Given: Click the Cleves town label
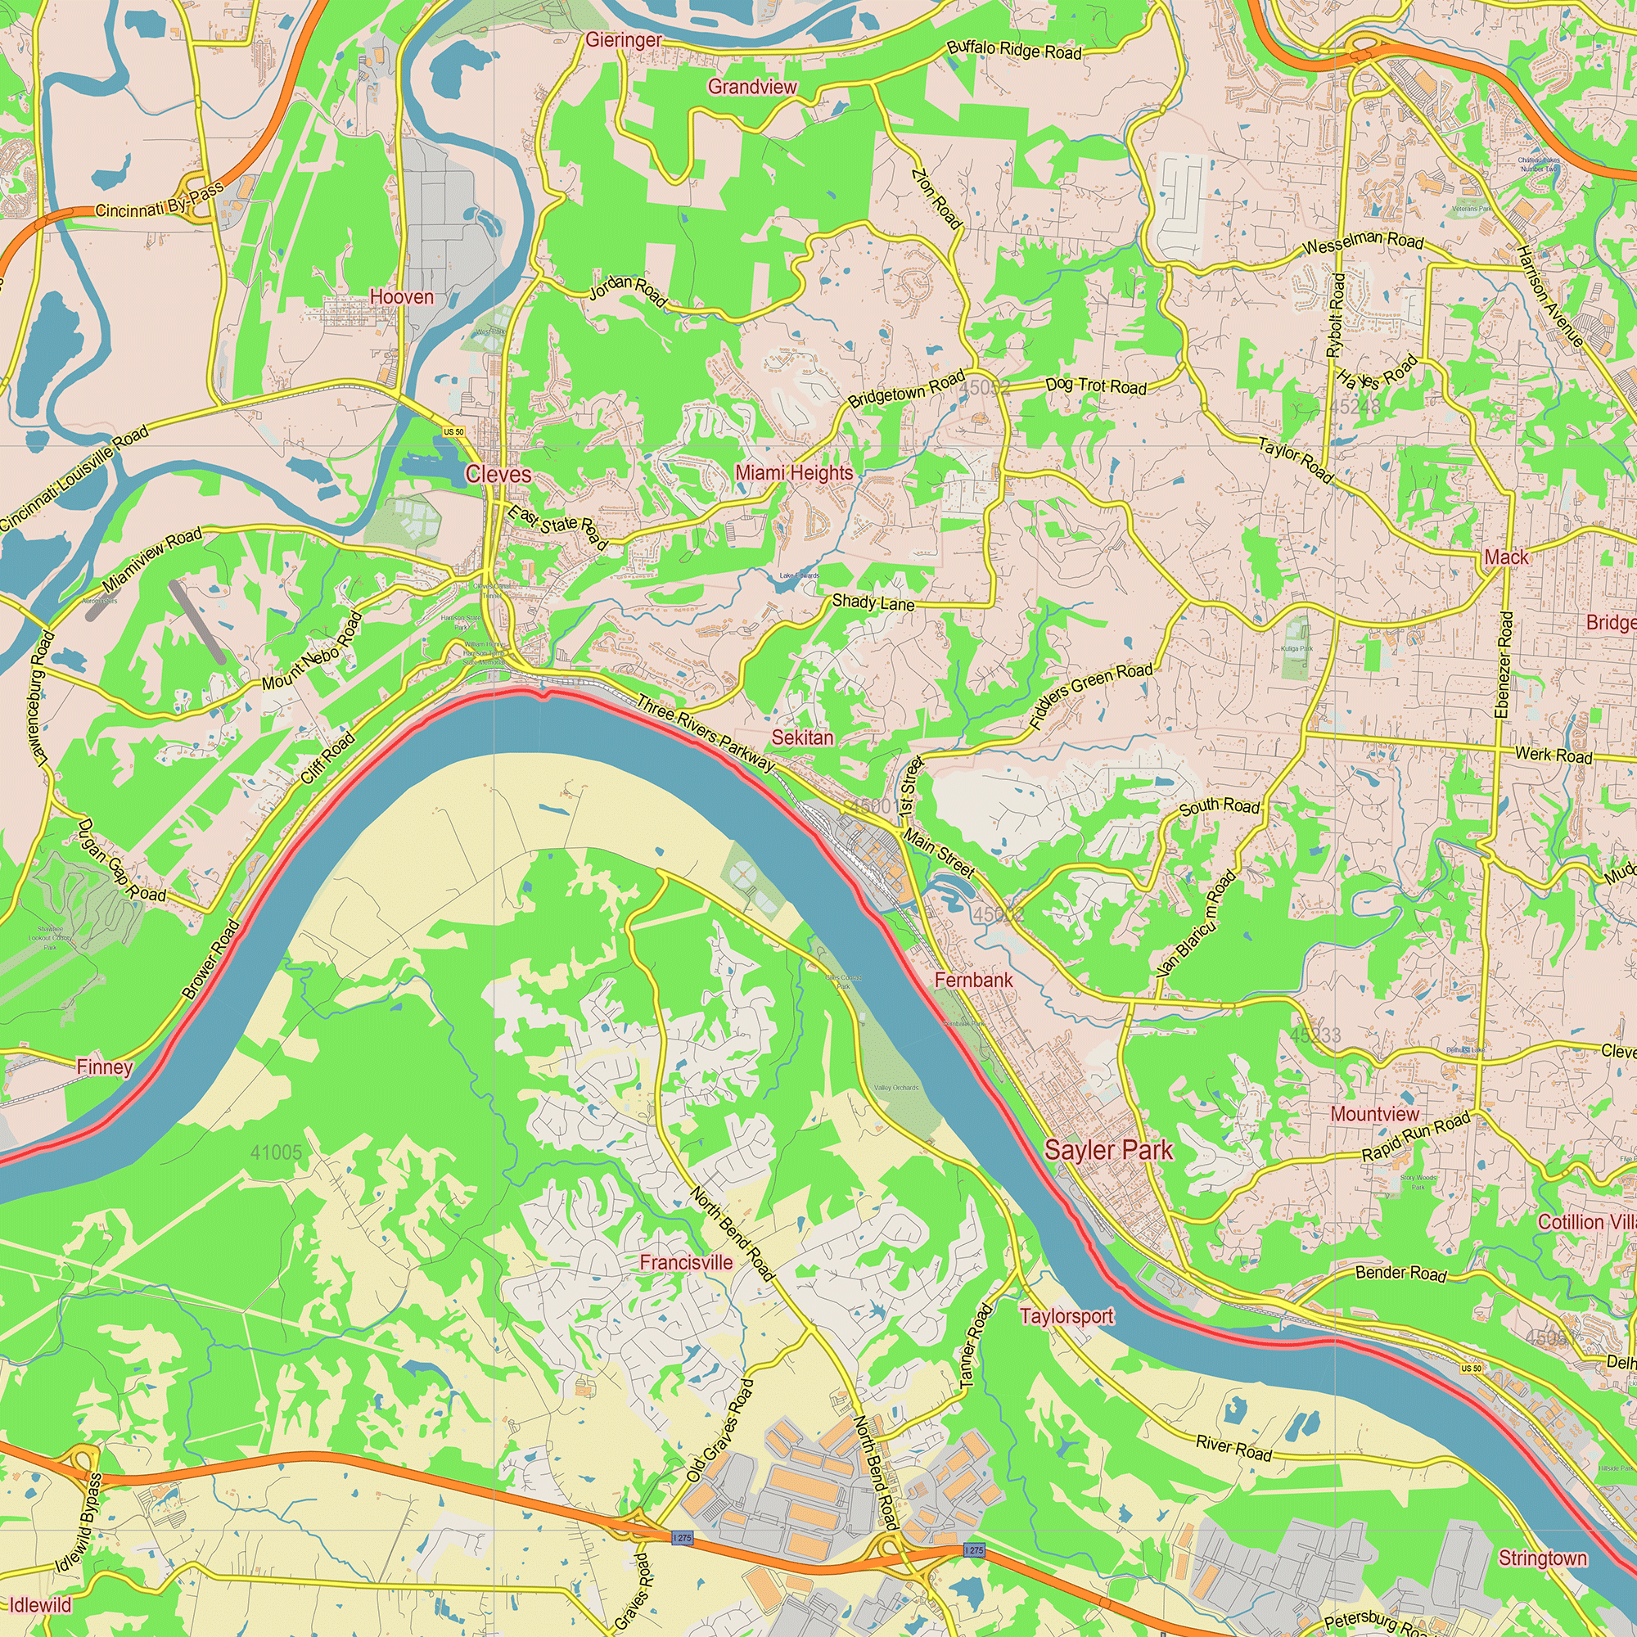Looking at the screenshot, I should point(498,475).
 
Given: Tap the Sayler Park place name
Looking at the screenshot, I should point(1108,1150).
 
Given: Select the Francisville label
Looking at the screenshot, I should point(687,1262).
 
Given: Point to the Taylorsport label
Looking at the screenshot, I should point(1066,1316).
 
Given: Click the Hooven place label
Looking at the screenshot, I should point(402,297).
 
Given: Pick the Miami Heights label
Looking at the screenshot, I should point(794,473).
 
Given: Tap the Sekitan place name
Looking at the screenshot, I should point(801,737).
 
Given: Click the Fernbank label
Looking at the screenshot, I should point(973,980).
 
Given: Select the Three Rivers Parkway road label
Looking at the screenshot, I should point(705,733).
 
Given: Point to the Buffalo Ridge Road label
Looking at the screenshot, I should point(1014,50).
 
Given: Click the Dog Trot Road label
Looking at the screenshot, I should point(1096,386).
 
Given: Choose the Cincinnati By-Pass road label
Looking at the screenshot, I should point(160,201).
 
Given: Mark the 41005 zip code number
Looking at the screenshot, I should point(276,1152).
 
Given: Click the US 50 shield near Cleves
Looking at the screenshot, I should point(454,432).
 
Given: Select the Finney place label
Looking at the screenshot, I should point(104,1067).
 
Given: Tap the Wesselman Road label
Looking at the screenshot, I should point(1363,243).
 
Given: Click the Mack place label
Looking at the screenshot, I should point(1506,557).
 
